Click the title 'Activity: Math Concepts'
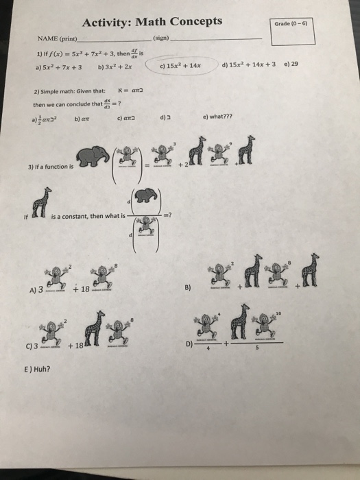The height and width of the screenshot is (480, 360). (x=152, y=22)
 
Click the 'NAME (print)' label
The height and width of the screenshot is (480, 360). (x=54, y=39)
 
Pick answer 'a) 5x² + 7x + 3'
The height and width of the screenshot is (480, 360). (x=54, y=67)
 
